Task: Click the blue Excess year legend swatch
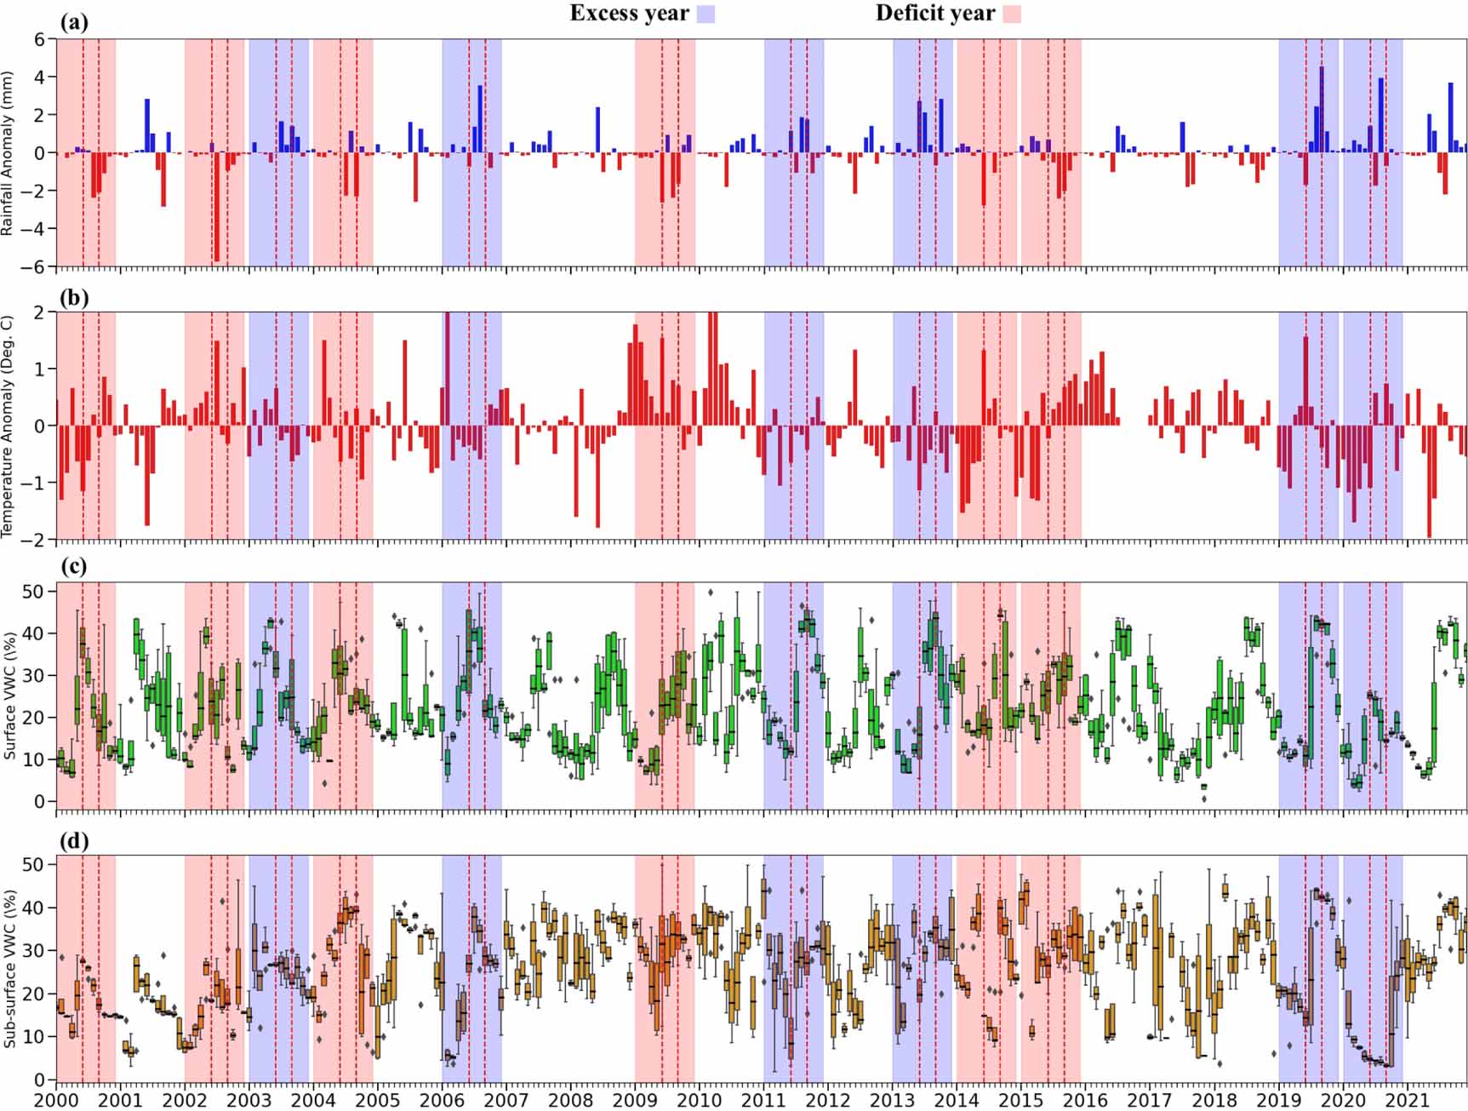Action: coord(705,14)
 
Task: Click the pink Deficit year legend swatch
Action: coord(1011,14)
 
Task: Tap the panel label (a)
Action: coord(73,23)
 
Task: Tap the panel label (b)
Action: coord(73,297)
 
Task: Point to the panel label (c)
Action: coord(73,565)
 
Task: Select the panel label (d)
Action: coord(73,840)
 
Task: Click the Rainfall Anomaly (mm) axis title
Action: coord(8,153)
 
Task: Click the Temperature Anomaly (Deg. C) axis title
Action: coord(8,426)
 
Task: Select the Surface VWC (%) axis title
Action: coord(9,696)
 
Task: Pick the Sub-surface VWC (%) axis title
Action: coord(9,968)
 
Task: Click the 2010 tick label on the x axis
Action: coord(699,1099)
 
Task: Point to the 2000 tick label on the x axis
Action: coord(56,1099)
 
